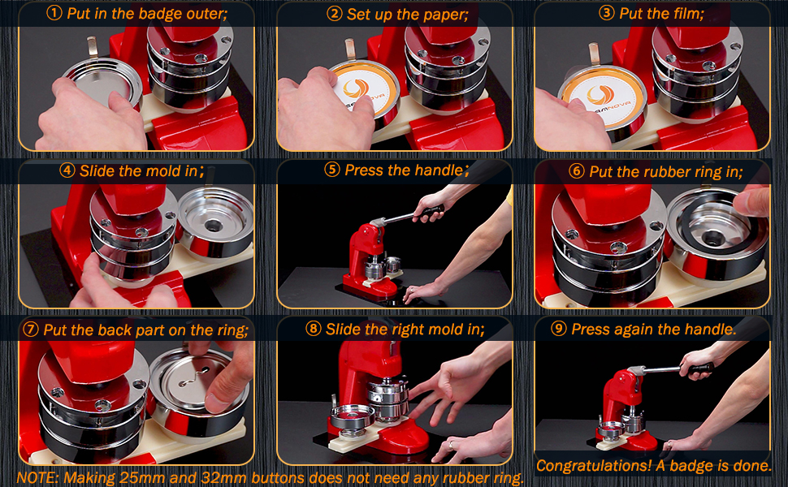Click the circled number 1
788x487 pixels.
coord(54,14)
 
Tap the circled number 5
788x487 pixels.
coord(332,170)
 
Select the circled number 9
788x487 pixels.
coord(558,329)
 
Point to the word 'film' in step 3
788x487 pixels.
coord(686,13)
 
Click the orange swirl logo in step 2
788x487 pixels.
coord(356,89)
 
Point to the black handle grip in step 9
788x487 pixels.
coord(701,368)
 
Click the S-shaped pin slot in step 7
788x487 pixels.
coord(194,377)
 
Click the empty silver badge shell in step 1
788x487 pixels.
coord(102,84)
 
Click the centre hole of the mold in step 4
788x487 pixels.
coord(214,225)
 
